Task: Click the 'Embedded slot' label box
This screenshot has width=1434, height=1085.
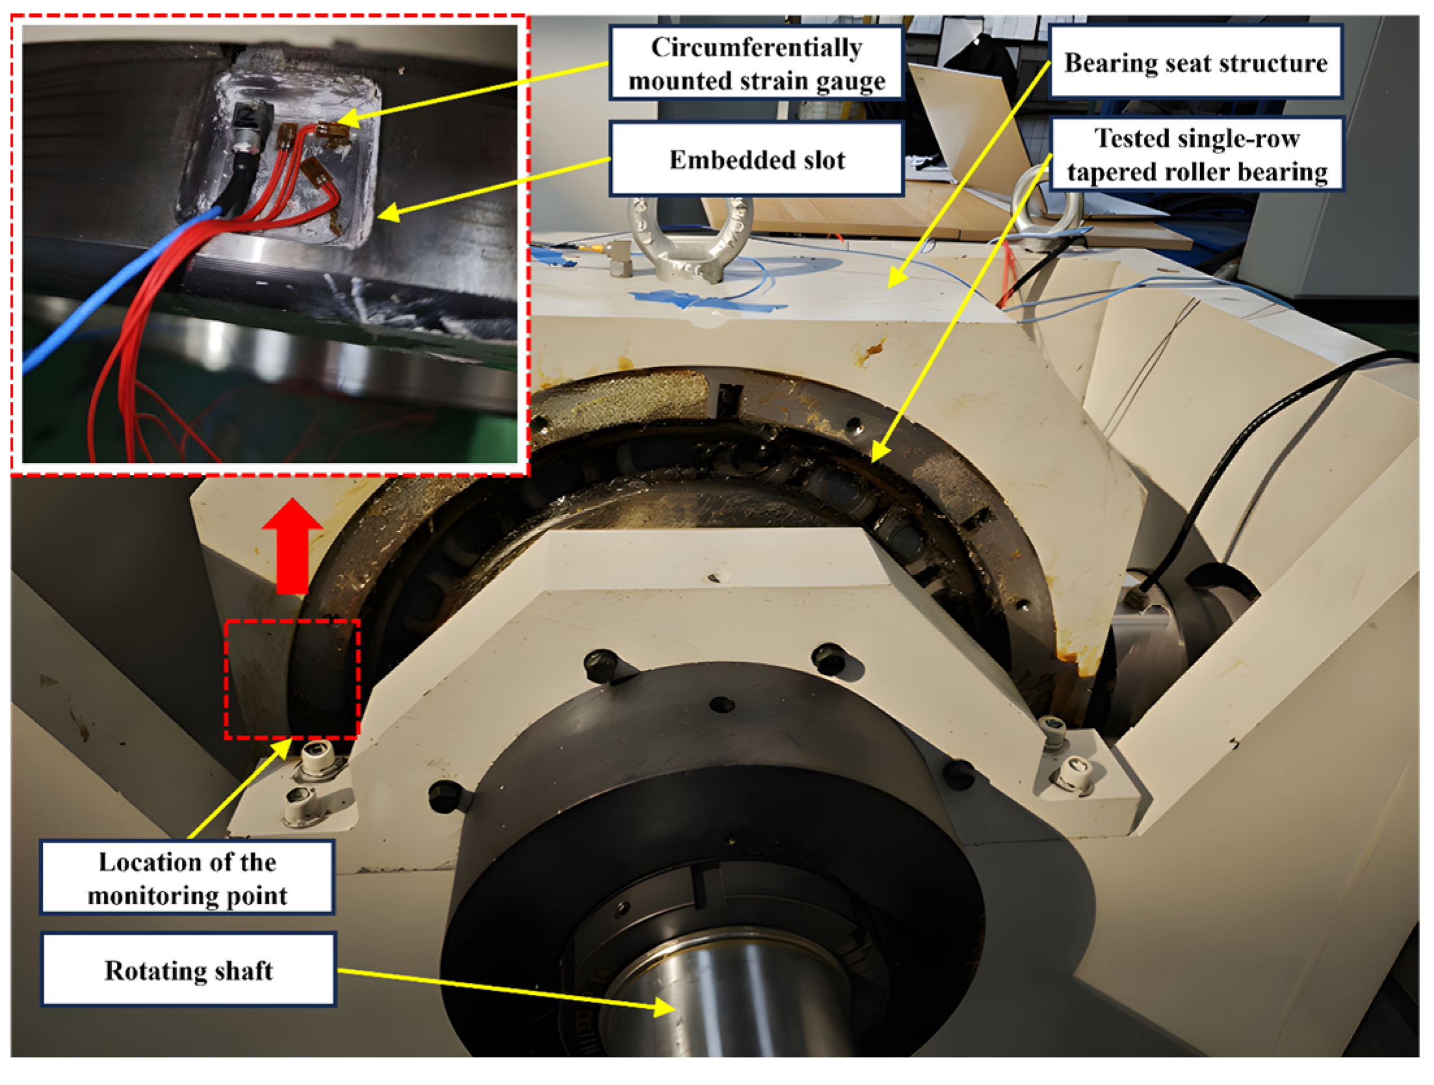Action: click(756, 159)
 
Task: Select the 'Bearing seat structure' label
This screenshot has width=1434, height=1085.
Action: click(1196, 62)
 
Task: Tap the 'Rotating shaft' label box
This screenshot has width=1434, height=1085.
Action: click(188, 970)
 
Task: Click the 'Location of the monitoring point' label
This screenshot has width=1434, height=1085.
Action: click(187, 878)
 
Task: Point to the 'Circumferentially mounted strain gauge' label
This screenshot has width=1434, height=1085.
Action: click(756, 63)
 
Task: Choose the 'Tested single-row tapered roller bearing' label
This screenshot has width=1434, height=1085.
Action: click(1196, 155)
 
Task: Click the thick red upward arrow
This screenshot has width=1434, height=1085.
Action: click(292, 546)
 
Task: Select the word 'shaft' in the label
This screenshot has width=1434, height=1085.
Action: click(244, 970)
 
